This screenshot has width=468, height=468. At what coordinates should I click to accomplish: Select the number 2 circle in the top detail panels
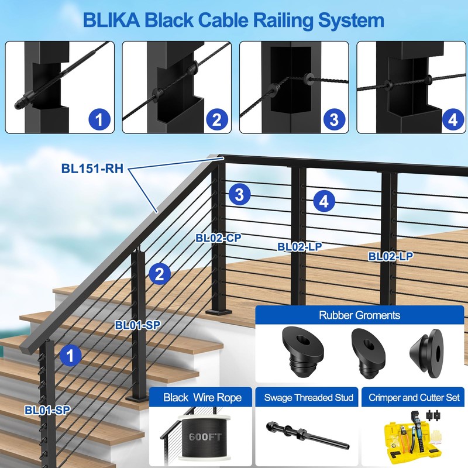pos(216,120)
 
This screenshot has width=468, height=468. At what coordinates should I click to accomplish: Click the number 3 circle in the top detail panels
pos(333,120)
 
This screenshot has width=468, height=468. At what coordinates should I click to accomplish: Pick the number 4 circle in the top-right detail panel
pos(451,120)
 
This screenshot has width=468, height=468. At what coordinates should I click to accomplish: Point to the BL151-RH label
pos(91,168)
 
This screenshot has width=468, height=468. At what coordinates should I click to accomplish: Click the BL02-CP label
pos(219,238)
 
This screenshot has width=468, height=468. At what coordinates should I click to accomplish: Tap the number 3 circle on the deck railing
pos(240,194)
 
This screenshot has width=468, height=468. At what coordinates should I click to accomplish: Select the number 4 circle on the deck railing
pos(324,201)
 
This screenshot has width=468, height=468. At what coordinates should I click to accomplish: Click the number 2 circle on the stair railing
pos(160,273)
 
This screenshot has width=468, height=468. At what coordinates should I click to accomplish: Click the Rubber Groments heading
pos(359,315)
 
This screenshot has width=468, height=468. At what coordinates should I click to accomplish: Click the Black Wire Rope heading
pos(199,398)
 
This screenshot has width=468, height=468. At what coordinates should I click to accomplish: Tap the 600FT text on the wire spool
pos(199,436)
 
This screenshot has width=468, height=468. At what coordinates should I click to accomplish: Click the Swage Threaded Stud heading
pos(308,398)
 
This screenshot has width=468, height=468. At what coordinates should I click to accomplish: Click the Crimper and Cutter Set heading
pos(414,398)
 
